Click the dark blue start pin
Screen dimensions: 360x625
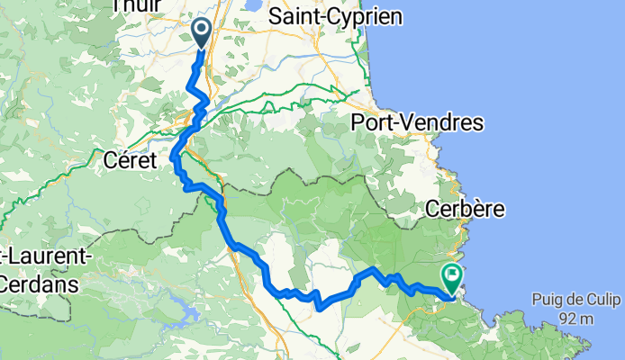pos(200,33)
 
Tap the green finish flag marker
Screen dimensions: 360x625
pos(450,275)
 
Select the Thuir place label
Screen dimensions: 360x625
pos(131,6)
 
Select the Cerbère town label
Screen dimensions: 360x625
pos(466,209)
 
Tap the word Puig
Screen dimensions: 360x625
pos(548,299)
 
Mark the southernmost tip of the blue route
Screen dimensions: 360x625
pos(319,308)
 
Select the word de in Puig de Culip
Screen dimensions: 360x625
pos(578,299)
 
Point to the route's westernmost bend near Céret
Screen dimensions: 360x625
pos(172,158)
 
